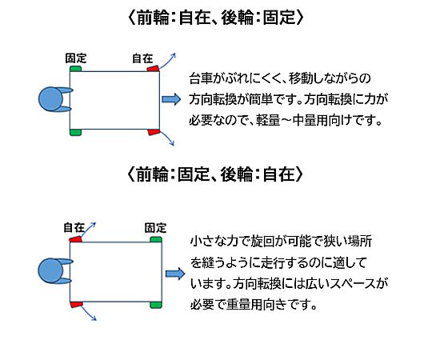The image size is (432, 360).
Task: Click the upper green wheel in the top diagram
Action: coord(75,69)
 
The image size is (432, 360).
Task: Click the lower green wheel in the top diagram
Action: coord(75,132)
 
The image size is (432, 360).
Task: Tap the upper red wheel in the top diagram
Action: coord(153,68)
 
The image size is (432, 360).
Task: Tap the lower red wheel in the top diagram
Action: coord(154,132)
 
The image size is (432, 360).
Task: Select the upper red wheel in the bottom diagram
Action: coord(76,239)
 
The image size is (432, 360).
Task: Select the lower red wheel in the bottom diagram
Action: coord(76,304)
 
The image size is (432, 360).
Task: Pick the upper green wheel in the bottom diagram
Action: coord(156,239)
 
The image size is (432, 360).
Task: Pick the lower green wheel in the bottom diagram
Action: coord(156,305)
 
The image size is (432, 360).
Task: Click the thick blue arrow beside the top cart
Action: coord(171,99)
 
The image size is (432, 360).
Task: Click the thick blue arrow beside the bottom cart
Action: coord(175,274)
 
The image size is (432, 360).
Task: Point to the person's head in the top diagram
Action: coord(50,99)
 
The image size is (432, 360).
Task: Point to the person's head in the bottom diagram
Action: coord(50,270)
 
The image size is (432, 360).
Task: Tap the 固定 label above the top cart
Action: coord(76,58)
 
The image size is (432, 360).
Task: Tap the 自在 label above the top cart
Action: coord(142,58)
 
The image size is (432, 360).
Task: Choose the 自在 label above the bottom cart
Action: coord(74,227)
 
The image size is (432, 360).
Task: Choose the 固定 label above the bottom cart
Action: coord(156,228)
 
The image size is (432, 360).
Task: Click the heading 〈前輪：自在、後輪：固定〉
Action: coord(216,18)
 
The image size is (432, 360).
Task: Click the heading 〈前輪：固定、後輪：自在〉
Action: coord(215,174)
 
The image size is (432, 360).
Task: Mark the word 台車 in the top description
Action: coord(201,78)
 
